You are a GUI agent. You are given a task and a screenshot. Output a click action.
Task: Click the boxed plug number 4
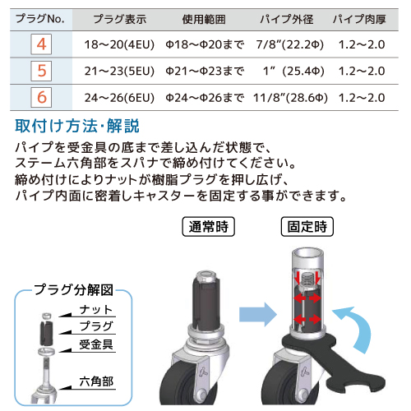pyautogui.click(x=41, y=44)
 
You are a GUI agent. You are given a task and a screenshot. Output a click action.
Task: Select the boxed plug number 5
pyautogui.click(x=41, y=71)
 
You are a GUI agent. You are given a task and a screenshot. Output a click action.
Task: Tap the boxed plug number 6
pyautogui.click(x=41, y=97)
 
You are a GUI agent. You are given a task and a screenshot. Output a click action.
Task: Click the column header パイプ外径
pyautogui.click(x=287, y=19)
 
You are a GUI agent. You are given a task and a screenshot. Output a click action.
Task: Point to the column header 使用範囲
pyautogui.click(x=204, y=20)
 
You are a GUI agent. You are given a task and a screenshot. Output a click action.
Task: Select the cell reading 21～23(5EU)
pyautogui.click(x=119, y=71)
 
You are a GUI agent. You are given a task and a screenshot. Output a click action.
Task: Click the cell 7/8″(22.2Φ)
pyautogui.click(x=290, y=44)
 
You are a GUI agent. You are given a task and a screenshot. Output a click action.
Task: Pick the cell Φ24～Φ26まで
pyautogui.click(x=205, y=98)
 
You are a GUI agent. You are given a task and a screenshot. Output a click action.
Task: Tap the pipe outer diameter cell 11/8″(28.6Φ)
pyautogui.click(x=290, y=98)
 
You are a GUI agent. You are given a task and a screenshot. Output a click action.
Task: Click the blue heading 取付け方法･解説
pyautogui.click(x=77, y=126)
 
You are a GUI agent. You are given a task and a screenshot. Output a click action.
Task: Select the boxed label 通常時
pyautogui.click(x=209, y=227)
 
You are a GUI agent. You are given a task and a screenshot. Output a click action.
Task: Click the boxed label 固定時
pyautogui.click(x=307, y=227)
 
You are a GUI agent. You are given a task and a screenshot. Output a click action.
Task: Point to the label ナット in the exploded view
pyautogui.click(x=96, y=310)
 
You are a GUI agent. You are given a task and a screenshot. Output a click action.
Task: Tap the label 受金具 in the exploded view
pyautogui.click(x=96, y=344)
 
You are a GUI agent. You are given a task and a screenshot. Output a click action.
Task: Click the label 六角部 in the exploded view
pyautogui.click(x=96, y=381)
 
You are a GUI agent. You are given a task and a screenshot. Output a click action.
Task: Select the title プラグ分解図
pyautogui.click(x=74, y=289)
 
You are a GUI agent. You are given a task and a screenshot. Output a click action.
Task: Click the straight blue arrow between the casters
pyautogui.click(x=258, y=314)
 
